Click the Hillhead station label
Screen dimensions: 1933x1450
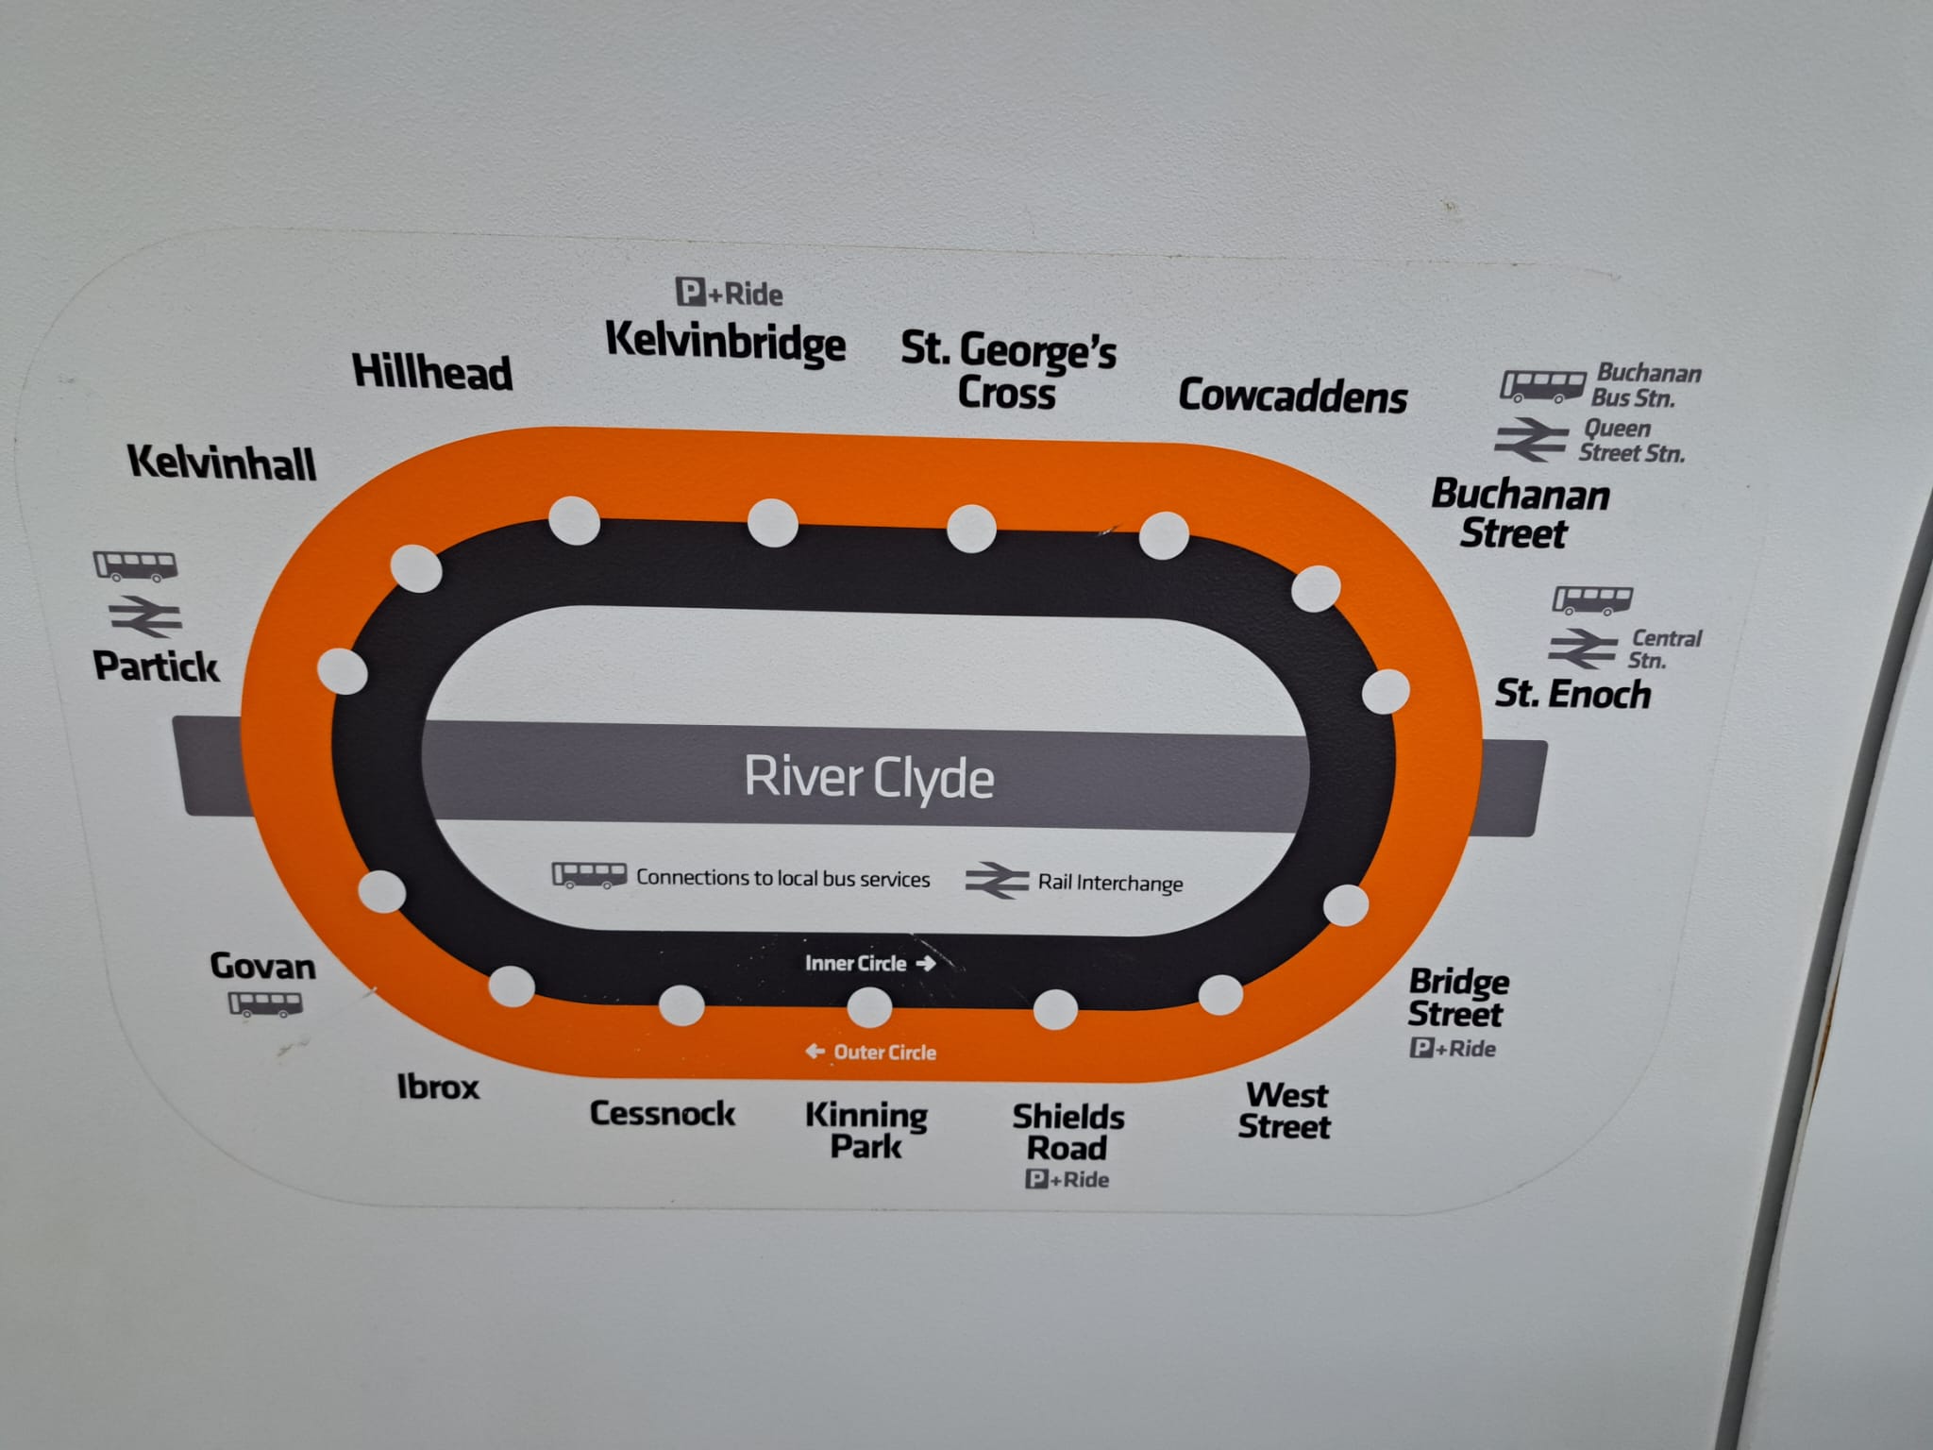coord(432,371)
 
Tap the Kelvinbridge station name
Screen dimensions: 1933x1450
coord(725,342)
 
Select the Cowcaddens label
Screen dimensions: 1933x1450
coord(1292,396)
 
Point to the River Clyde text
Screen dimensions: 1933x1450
coord(869,778)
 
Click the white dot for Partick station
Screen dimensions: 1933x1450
coord(342,671)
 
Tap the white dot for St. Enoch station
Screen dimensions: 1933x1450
coord(1386,691)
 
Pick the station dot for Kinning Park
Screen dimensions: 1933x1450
coord(869,1007)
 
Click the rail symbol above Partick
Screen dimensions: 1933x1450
coord(146,616)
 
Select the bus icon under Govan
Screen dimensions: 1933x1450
coord(266,1003)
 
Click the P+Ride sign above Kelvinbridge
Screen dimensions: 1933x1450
coord(730,294)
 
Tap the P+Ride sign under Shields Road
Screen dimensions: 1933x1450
coord(1067,1179)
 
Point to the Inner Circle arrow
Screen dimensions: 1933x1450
coord(926,964)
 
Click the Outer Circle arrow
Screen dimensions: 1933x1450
coord(815,1051)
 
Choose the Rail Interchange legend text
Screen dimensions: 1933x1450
coord(1110,884)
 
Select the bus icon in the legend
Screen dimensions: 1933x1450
coord(589,875)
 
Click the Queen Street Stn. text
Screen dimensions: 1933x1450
coord(1632,441)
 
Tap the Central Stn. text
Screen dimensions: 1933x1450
coord(1664,649)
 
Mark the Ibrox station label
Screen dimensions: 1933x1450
coord(438,1087)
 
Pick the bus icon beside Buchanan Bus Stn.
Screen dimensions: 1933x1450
coord(1542,386)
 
